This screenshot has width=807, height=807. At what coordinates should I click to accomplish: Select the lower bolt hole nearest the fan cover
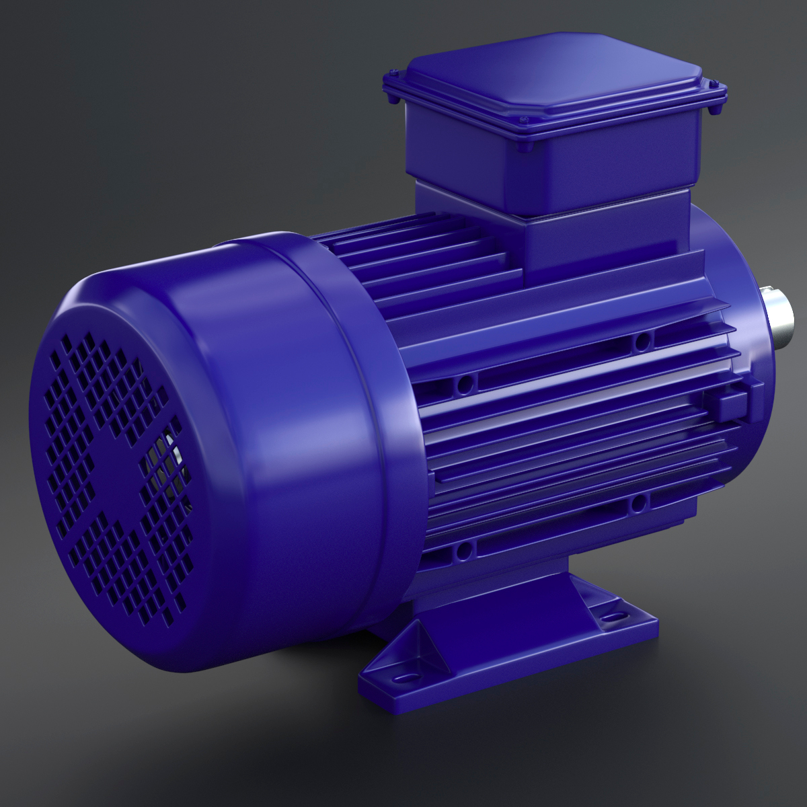462,551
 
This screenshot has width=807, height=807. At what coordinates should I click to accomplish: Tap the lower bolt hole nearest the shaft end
638,501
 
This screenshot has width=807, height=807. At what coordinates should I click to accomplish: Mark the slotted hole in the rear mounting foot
613,615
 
